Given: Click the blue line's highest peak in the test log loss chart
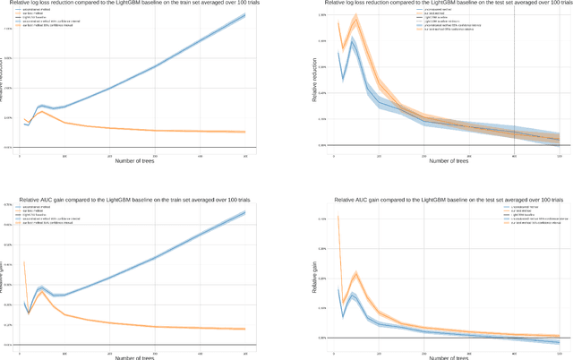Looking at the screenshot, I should coord(355,39).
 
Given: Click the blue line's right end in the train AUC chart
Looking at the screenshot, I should coord(245,212).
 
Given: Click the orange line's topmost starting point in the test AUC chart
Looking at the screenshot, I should coord(338,216).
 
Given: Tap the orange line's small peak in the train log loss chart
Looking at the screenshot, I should coord(42,111).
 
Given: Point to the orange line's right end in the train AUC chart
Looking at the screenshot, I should coord(245,329).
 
